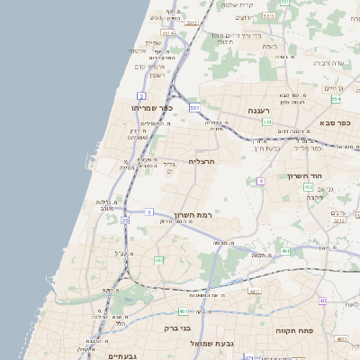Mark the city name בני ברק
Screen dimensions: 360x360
[x=177, y=328]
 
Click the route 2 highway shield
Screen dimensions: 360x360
[x=141, y=94]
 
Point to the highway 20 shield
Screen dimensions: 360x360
[x=125, y=220]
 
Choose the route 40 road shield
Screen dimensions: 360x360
[x=322, y=301]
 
